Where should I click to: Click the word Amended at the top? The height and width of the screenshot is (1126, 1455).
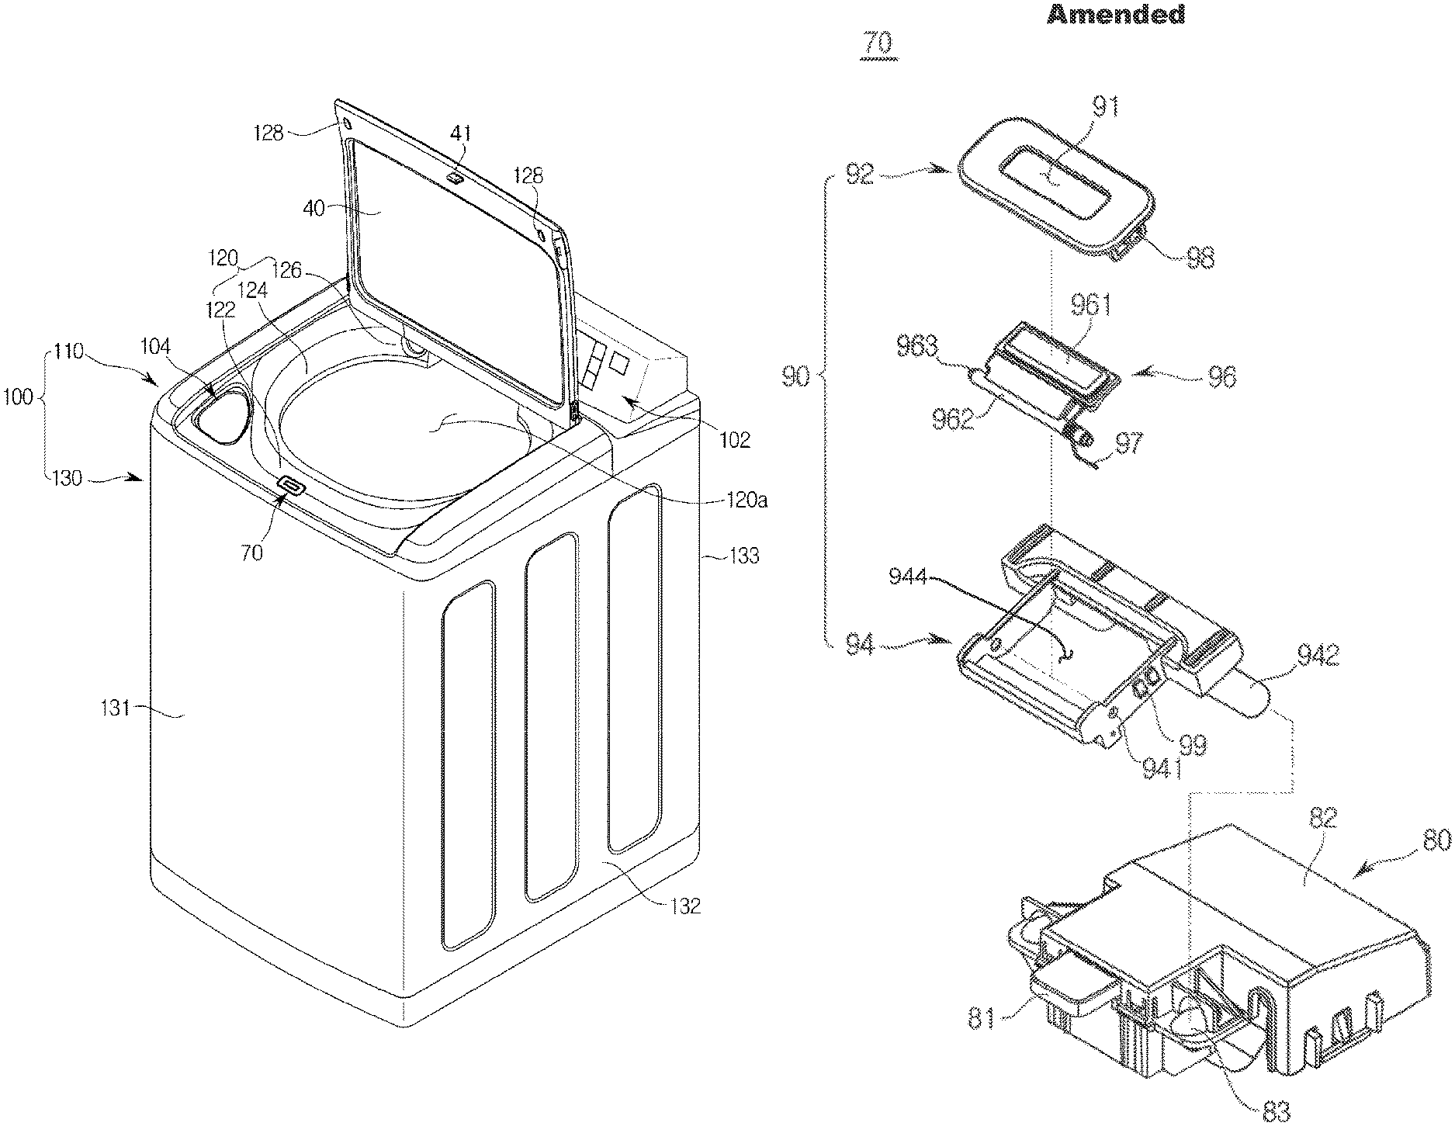point(1116,14)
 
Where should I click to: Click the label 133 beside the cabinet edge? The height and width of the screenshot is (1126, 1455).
point(745,556)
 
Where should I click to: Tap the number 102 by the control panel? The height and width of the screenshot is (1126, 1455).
point(734,440)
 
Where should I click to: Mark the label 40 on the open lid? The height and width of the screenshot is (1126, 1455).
point(314,209)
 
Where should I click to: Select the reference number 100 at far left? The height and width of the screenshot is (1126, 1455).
point(16,397)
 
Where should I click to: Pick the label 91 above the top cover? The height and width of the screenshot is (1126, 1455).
point(1104,107)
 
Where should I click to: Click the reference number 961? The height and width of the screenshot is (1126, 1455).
point(1091,306)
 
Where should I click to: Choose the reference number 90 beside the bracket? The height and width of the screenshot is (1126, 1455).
point(796,378)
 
